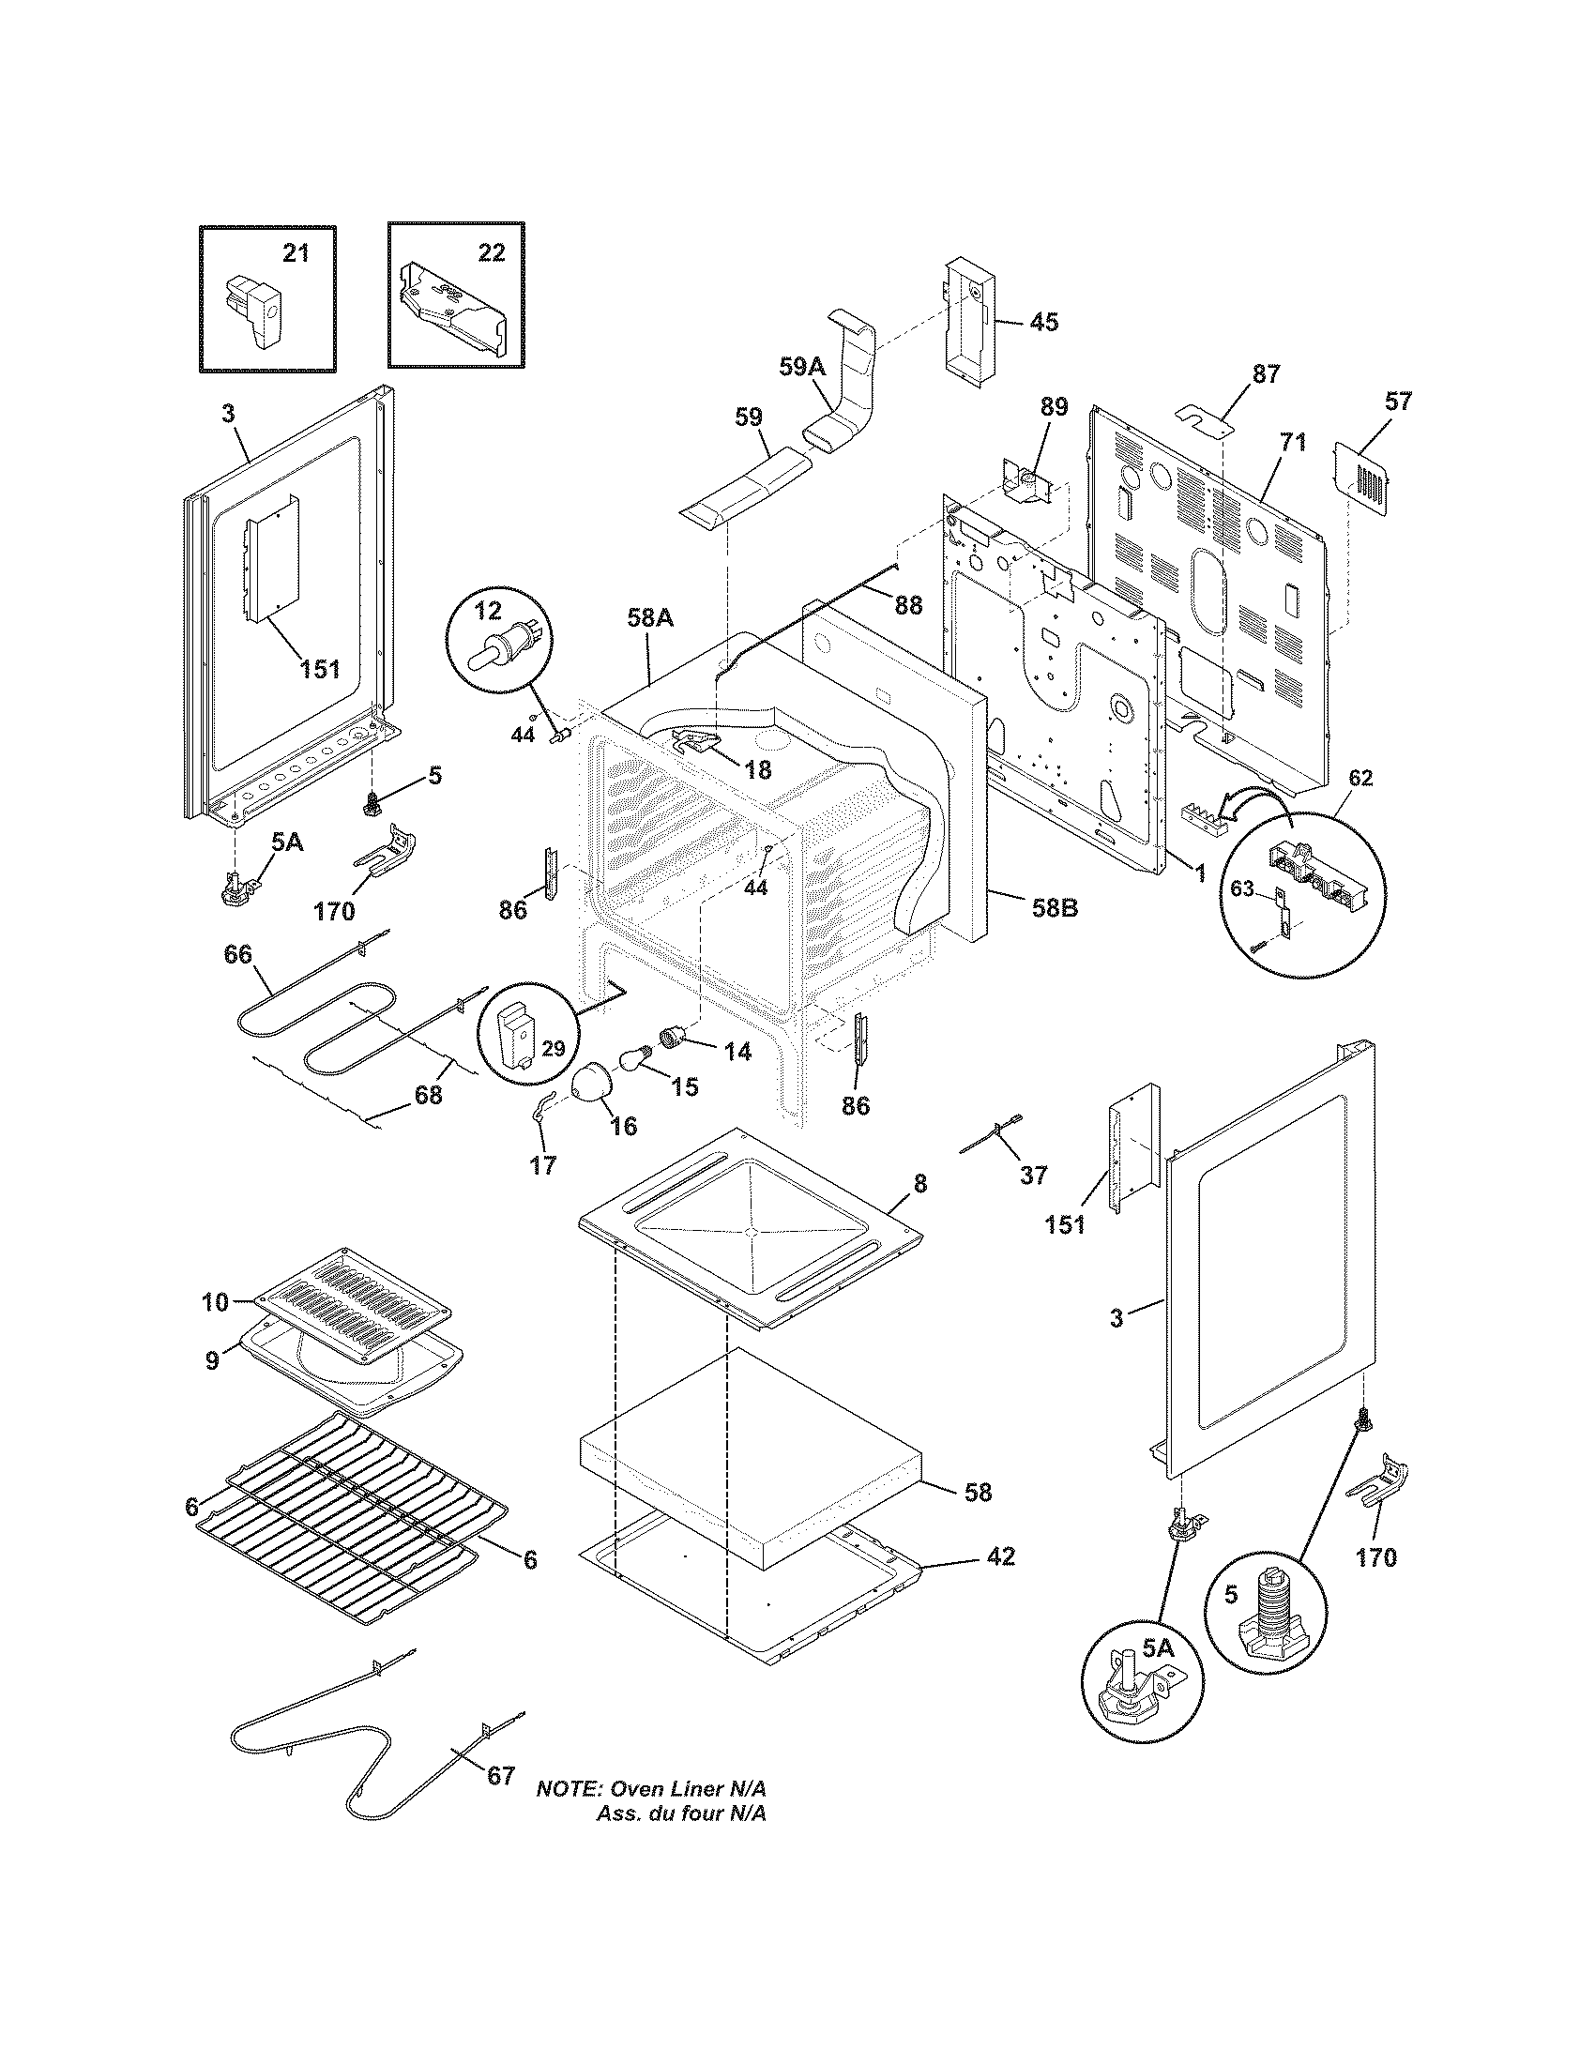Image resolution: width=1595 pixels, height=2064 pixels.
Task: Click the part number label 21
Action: [296, 252]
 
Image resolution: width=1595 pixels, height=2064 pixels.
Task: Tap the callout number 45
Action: [1043, 321]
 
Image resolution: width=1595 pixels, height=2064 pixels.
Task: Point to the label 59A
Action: [802, 367]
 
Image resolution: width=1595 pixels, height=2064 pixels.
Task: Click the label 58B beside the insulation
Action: [1056, 908]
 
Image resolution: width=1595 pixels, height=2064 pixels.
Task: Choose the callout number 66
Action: [237, 954]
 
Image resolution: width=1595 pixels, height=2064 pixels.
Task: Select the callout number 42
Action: [1001, 1556]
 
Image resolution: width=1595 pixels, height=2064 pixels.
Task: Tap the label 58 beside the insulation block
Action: [978, 1493]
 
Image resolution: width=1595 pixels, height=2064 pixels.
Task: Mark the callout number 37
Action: [1034, 1175]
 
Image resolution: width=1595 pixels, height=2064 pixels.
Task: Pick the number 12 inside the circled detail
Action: [488, 611]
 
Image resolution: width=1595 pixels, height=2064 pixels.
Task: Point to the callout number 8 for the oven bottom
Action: [920, 1182]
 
